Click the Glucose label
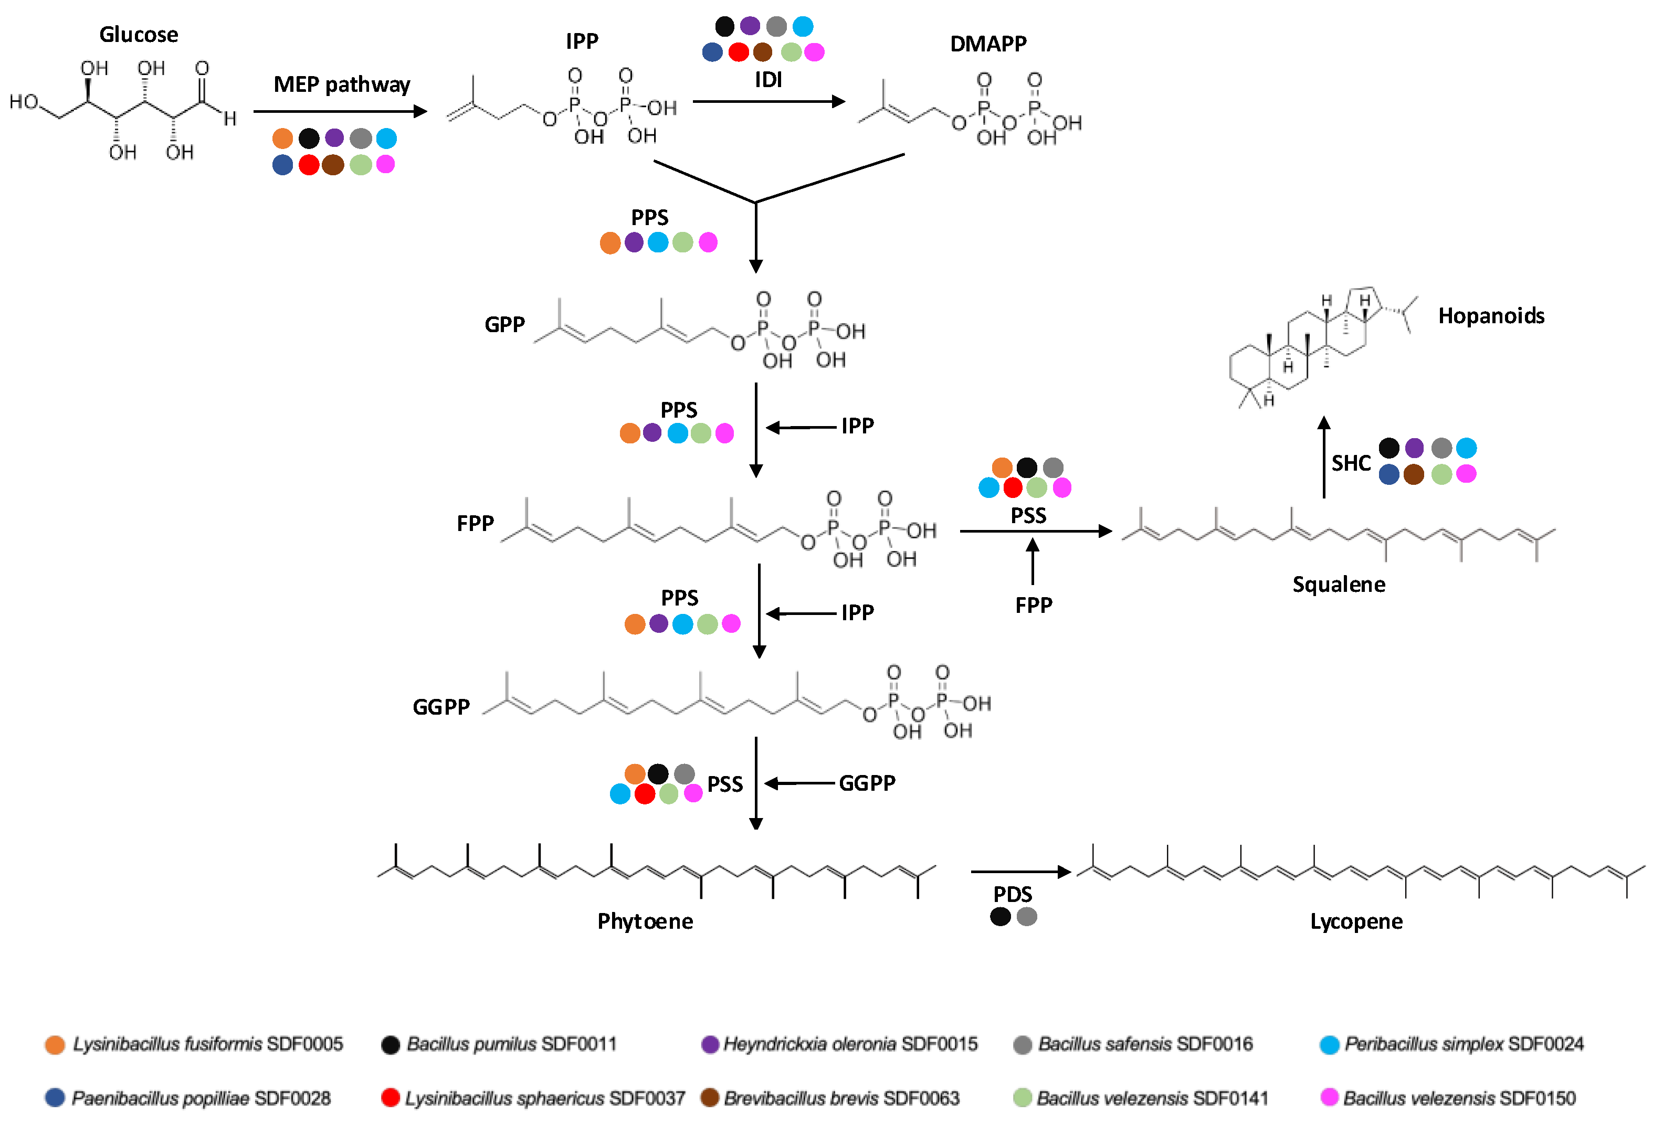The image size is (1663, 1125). click(x=139, y=34)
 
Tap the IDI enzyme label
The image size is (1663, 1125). click(x=769, y=79)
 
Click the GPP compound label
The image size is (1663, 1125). click(x=504, y=325)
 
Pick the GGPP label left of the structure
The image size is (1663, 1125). click(x=441, y=707)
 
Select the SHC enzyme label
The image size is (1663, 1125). click(x=1350, y=463)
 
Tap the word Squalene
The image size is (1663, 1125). click(x=1338, y=585)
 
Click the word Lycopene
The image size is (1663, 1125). click(x=1355, y=921)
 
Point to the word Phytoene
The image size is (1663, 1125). click(x=645, y=921)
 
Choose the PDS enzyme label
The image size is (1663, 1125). click(x=1012, y=894)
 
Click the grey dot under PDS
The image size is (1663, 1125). click(x=1027, y=916)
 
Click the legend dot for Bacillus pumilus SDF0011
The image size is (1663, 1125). click(x=390, y=1045)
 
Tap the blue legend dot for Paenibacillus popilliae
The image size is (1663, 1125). click(x=55, y=1097)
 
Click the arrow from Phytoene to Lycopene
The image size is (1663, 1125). click(x=1020, y=871)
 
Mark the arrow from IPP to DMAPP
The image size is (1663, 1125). click(x=769, y=102)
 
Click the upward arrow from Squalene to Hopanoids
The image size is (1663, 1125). click(x=1324, y=458)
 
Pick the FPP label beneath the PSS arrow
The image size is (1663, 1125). click(x=1033, y=605)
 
